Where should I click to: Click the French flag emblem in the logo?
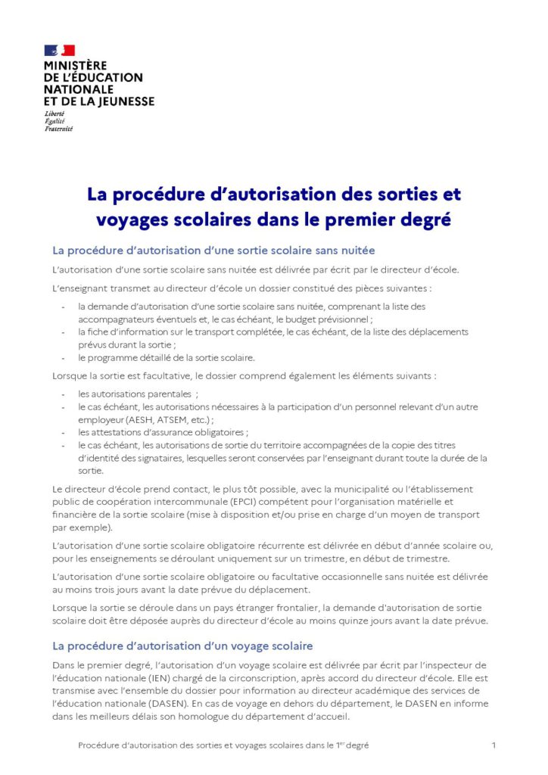(60, 51)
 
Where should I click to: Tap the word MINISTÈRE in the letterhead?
(76, 66)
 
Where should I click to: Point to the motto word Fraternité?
(59, 129)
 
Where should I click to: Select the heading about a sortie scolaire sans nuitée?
(213, 250)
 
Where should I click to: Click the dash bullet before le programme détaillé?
(62, 358)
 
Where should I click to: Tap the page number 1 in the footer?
(494, 745)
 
